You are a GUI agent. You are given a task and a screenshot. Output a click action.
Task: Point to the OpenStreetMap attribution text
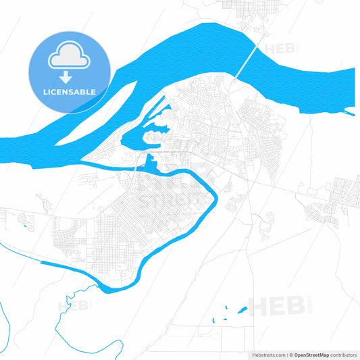click(x=315, y=354)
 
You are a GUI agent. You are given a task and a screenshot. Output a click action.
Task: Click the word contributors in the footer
click(x=344, y=354)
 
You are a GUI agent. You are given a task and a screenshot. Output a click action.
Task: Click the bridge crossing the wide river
click(x=247, y=61)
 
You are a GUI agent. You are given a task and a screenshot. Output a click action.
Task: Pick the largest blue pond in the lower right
click(x=242, y=311)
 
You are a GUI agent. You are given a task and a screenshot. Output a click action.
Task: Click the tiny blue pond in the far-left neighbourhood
click(x=26, y=225)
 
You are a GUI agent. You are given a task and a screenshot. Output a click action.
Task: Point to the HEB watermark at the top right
click(x=280, y=49)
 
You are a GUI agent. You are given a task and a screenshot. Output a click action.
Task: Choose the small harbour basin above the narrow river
click(x=149, y=162)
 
